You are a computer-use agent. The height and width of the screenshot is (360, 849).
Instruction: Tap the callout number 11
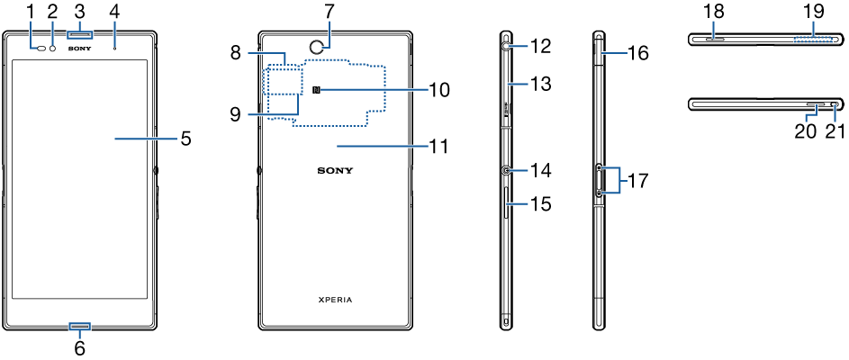click(438, 145)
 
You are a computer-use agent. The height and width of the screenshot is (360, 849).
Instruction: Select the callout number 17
click(637, 180)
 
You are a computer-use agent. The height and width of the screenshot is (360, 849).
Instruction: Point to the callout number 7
click(330, 11)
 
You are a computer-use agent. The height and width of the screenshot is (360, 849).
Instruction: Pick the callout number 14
click(540, 169)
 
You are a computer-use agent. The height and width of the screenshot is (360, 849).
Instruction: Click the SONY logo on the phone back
click(335, 169)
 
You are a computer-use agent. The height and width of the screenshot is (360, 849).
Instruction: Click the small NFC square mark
click(316, 90)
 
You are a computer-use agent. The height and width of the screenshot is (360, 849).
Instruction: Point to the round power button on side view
click(507, 169)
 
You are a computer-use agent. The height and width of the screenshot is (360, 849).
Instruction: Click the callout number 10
click(438, 90)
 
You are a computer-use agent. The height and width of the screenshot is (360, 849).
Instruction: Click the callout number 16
click(637, 52)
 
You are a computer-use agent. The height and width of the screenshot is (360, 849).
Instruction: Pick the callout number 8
click(235, 52)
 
